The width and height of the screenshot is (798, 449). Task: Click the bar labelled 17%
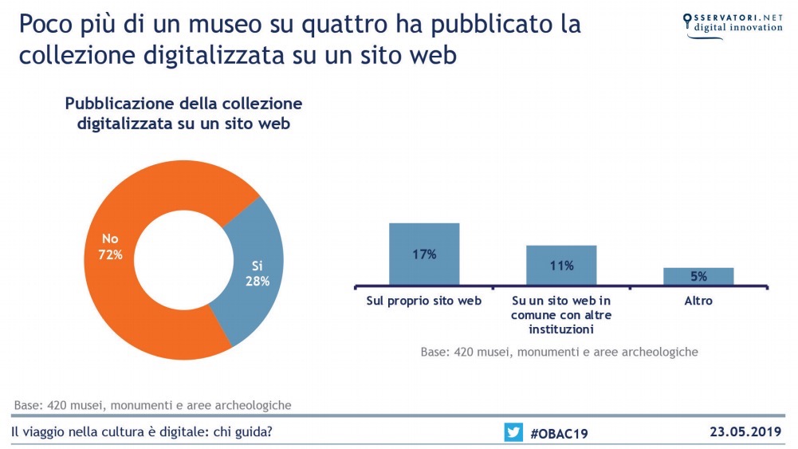(x=424, y=253)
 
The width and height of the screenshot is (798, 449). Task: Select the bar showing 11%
(x=561, y=264)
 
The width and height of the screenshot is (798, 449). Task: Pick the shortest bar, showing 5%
(x=698, y=276)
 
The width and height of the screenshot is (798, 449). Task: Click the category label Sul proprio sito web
(x=424, y=301)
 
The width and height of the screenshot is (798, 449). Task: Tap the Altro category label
(x=698, y=301)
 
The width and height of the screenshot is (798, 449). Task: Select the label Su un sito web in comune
(x=561, y=314)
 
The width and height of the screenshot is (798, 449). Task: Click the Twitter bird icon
(x=513, y=432)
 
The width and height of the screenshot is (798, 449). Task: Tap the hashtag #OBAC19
(x=560, y=433)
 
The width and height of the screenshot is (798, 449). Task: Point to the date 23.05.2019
(x=746, y=432)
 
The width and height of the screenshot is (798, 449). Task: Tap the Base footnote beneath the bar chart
(x=559, y=351)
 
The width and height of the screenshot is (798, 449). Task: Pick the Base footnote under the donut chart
(x=152, y=404)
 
